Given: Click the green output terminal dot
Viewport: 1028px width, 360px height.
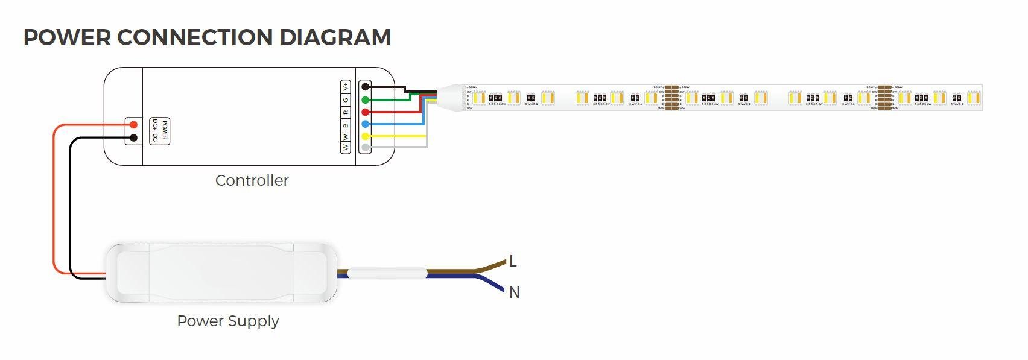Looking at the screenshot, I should coord(365,100).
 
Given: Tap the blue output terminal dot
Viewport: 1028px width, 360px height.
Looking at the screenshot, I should coord(365,124).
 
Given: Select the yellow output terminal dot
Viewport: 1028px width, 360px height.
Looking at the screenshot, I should coord(365,136).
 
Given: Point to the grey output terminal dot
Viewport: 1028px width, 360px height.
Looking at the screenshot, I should coord(365,147).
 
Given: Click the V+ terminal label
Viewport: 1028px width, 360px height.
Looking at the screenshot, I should coord(346,86).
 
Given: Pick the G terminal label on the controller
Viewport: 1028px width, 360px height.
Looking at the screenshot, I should coord(346,99).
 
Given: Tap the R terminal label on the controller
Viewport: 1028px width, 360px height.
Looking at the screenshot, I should coord(346,112).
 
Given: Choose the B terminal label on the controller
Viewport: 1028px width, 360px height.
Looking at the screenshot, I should coord(346,125).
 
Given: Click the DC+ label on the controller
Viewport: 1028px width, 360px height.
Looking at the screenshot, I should coord(155,125).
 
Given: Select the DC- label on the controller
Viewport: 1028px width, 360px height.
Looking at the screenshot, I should coord(155,137).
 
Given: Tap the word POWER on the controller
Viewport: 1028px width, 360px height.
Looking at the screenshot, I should coord(165,131).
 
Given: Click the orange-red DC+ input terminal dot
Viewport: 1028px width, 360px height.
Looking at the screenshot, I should coord(134,125).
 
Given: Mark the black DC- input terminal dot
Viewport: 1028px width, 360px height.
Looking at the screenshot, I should coord(134,138).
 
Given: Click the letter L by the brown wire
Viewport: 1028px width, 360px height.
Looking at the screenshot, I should coord(513,261).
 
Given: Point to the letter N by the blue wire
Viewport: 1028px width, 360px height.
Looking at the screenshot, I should coord(514,292).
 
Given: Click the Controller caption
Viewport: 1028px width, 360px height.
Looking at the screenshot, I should coord(252,180).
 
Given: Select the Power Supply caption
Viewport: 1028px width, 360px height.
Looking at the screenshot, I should coord(227,321).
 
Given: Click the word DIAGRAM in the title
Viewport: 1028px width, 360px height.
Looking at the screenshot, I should coord(335,37).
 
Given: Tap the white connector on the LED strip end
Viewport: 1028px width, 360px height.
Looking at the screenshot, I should coord(453,97).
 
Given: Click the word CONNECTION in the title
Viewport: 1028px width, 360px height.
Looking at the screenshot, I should coord(195,37).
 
